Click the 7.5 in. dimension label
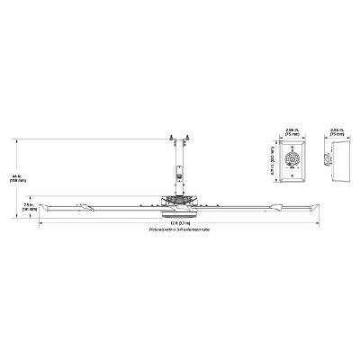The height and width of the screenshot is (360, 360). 29,206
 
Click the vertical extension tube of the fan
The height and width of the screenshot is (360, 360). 177,162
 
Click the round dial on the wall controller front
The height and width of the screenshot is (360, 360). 292,162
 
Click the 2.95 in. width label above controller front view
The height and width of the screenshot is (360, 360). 292,132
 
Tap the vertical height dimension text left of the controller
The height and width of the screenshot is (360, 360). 272,161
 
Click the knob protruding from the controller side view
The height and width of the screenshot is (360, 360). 329,163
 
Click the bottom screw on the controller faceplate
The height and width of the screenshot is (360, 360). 292,178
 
